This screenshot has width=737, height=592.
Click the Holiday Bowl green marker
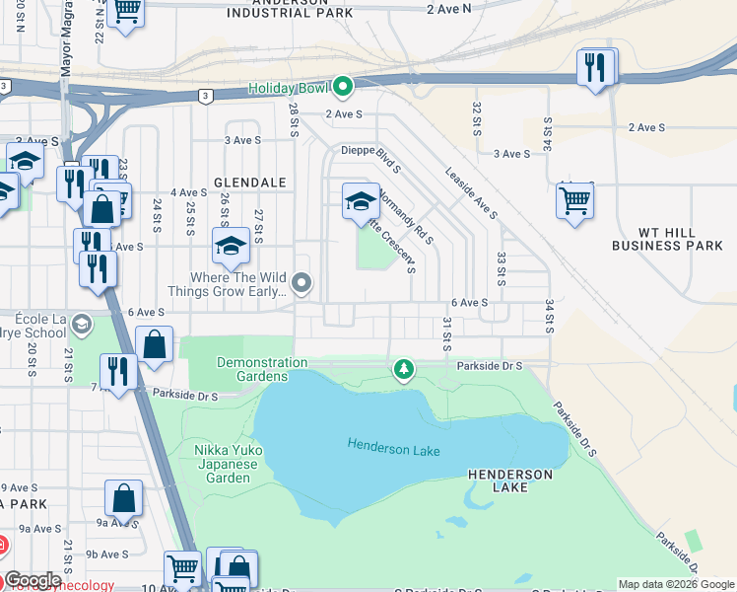[342, 89]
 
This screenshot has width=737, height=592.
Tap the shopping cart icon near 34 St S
[574, 200]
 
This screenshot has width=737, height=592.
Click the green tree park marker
[402, 370]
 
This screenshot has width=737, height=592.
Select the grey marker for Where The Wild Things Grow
[302, 285]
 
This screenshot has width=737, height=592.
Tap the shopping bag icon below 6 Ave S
[155, 345]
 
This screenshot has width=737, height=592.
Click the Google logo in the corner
[33, 580]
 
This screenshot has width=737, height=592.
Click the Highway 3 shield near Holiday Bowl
[205, 96]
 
